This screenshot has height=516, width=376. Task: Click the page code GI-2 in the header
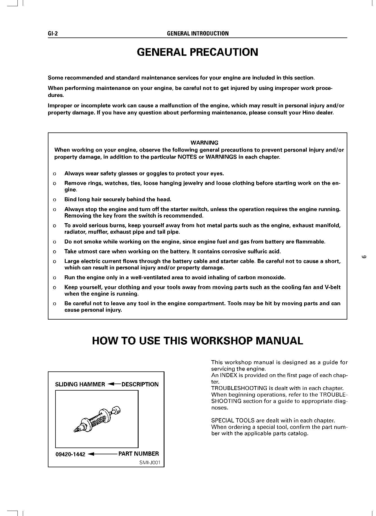point(53,34)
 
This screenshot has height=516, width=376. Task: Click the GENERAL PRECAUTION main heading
point(197,52)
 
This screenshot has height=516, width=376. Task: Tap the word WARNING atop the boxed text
point(204,143)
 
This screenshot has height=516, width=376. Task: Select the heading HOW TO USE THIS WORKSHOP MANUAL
point(197,341)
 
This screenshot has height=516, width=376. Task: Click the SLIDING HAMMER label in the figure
point(80,384)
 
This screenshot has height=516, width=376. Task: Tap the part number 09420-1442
point(70,454)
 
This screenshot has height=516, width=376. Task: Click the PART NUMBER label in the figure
point(139,454)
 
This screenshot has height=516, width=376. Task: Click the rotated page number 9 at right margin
point(364,257)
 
